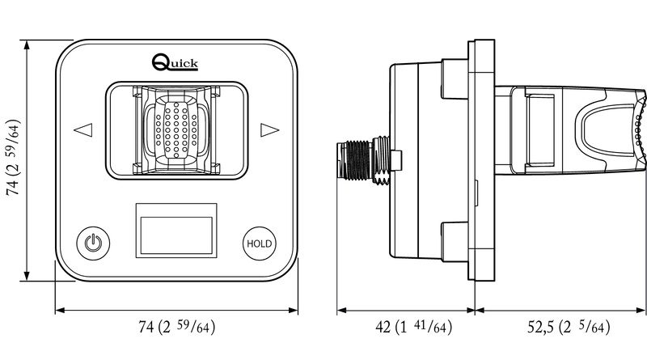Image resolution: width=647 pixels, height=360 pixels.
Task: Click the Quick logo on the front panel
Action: click(175, 62)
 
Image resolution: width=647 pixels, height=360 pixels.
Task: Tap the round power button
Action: click(93, 244)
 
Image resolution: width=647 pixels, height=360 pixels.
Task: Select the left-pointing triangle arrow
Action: click(83, 130)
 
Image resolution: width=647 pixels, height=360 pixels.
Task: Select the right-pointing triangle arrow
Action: click(270, 130)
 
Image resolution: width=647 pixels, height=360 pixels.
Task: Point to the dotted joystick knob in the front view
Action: click(176, 130)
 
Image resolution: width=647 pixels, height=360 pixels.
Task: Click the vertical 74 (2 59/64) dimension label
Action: click(13, 158)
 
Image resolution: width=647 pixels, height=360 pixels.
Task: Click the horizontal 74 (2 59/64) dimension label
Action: click(177, 327)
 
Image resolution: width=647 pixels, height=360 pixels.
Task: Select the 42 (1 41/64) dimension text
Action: click(413, 327)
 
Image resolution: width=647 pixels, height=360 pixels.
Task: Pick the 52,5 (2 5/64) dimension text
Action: click(569, 327)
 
